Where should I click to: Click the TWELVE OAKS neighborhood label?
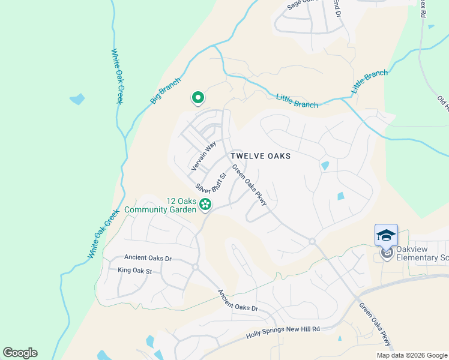261,156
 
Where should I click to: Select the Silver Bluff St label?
210,182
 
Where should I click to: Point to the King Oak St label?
136,271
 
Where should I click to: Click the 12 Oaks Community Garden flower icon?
205,205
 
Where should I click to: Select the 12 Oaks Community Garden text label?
160,205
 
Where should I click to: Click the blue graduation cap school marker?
386,235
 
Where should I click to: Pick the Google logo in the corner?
20,353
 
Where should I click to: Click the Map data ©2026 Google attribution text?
411,355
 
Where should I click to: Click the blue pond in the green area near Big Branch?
77,99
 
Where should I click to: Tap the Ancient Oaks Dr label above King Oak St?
148,258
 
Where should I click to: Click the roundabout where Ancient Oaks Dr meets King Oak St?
195,267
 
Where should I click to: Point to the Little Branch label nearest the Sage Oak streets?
297,100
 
